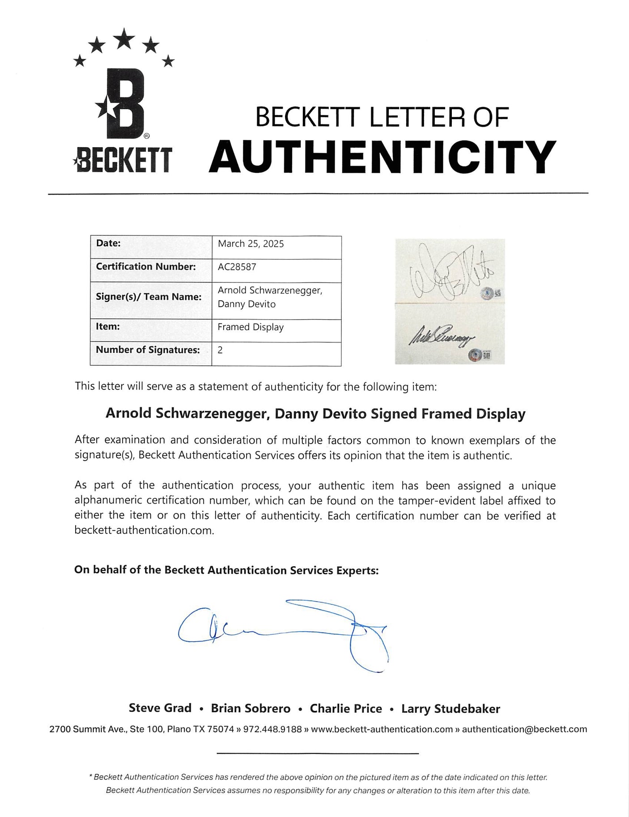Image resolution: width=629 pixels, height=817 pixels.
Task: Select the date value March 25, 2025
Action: pyautogui.click(x=251, y=244)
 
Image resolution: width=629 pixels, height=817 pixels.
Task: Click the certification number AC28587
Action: pyautogui.click(x=237, y=267)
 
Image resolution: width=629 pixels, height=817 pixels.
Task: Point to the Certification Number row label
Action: pyautogui.click(x=146, y=267)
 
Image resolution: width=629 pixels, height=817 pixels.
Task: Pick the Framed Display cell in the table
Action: pyautogui.click(x=251, y=327)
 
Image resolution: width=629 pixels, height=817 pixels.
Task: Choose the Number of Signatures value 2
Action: pyautogui.click(x=220, y=350)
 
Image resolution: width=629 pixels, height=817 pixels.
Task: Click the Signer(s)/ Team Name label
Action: pyautogui.click(x=149, y=297)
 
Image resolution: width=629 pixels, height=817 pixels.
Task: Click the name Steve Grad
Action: pyautogui.click(x=160, y=708)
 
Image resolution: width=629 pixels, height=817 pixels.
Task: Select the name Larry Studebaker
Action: pyautogui.click(x=450, y=709)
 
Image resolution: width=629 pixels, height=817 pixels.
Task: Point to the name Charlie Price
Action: pyautogui.click(x=346, y=709)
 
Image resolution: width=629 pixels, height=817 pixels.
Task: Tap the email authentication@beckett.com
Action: pyautogui.click(x=524, y=729)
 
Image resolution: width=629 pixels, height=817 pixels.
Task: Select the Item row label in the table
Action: pyautogui.click(x=108, y=327)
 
